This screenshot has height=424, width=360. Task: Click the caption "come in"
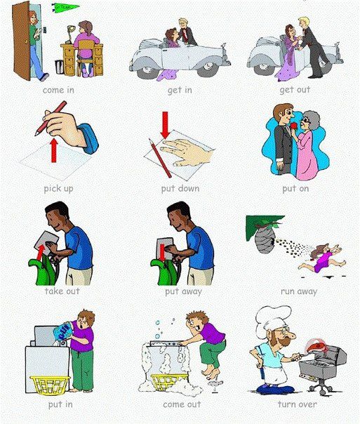click(58, 90)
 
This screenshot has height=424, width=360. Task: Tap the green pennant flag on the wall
click(65, 7)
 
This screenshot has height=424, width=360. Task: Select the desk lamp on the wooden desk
click(70, 34)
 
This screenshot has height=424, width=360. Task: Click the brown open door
click(21, 41)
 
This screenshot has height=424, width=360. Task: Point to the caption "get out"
click(295, 90)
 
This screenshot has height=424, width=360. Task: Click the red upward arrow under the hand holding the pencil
click(54, 150)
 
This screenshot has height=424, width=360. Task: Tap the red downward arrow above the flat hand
click(165, 125)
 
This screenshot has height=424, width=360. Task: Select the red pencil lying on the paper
click(160, 159)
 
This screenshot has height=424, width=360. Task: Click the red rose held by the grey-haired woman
click(295, 126)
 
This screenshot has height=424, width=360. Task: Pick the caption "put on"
click(295, 188)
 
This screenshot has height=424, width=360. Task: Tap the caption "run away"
click(299, 291)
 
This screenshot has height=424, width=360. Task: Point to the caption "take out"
click(62, 291)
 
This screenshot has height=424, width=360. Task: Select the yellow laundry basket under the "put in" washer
click(50, 385)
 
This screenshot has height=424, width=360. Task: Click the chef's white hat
click(272, 320)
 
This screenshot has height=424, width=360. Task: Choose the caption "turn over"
click(297, 404)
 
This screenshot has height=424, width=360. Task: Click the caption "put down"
click(180, 188)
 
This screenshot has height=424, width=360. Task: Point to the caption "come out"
click(182, 404)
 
